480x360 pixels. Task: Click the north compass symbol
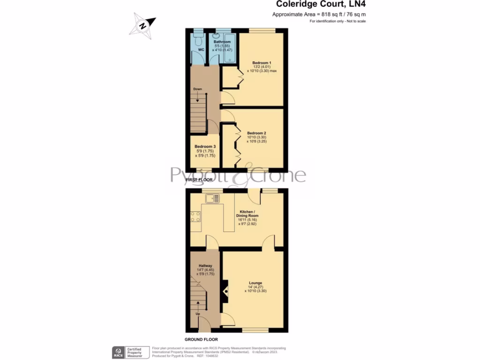click(143, 24)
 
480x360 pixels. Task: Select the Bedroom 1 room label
click(262, 63)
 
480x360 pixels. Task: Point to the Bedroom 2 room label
click(256, 133)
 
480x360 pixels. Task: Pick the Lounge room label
click(255, 283)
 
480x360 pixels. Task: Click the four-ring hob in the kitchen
click(196, 217)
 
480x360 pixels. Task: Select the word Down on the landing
click(198, 89)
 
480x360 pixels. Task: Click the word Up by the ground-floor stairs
click(198, 314)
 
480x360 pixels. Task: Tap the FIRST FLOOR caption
click(199, 180)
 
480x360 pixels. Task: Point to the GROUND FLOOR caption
click(201, 339)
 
